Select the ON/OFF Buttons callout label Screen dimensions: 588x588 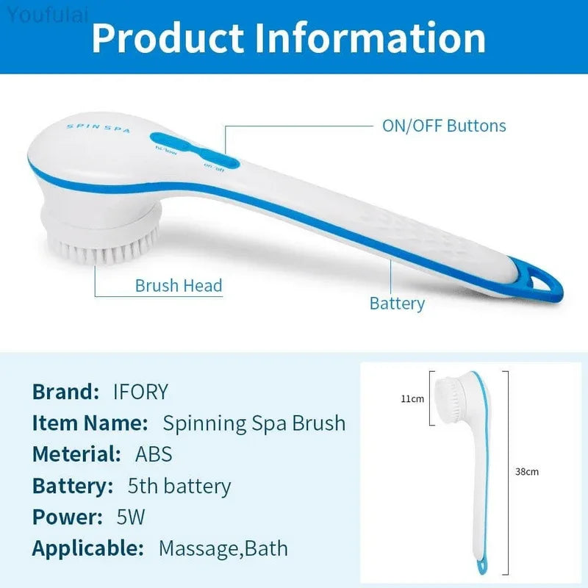pos(443,126)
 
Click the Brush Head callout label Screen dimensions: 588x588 pos(178,286)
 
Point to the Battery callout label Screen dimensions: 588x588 pos(397,304)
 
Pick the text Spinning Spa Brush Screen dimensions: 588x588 pos(254,423)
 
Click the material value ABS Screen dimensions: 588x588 pos(154,454)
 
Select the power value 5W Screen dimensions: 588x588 pos(131,517)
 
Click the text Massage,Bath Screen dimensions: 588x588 pos(223,548)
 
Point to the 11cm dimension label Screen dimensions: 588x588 pos(412,399)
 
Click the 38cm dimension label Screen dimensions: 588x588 pos(526,471)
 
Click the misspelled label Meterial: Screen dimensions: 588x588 pos(76,454)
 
